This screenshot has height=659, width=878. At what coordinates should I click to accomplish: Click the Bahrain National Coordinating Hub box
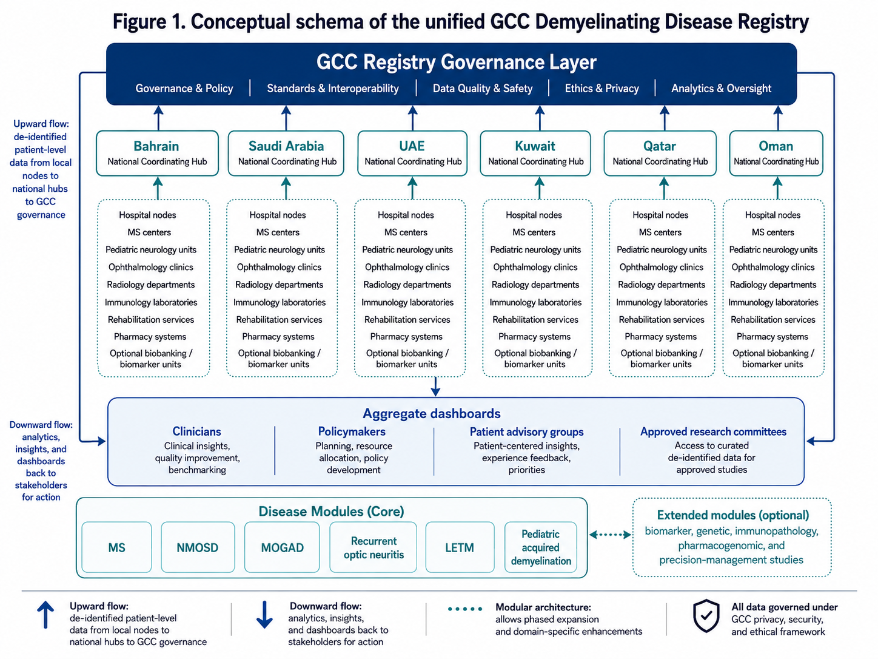157,154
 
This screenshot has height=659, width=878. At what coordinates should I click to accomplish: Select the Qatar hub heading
660,146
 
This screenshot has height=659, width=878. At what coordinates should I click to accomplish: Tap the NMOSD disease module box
198,547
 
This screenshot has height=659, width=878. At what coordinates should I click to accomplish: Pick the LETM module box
460,547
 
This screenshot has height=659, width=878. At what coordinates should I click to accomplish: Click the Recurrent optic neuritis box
373,547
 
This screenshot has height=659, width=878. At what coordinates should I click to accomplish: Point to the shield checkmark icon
706,616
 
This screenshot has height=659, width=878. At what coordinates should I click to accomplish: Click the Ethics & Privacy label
602,89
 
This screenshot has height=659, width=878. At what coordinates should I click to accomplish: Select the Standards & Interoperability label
333,89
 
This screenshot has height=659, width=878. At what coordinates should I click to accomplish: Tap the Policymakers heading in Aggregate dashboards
352,431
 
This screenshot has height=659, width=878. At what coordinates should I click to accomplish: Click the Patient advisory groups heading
526,431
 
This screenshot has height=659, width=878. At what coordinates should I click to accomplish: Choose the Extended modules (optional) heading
733,515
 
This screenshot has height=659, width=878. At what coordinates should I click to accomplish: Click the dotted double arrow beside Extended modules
610,535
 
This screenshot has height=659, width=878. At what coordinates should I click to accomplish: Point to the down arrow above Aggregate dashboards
435,387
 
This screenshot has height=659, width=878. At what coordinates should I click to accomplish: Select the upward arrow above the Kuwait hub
540,118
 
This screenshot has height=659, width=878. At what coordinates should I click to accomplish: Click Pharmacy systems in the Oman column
772,337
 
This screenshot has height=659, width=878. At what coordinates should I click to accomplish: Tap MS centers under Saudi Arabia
278,232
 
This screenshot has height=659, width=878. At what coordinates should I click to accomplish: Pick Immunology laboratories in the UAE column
407,302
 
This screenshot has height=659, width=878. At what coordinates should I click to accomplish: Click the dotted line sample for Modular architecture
465,609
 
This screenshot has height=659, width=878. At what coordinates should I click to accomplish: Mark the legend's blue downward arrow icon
264,615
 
